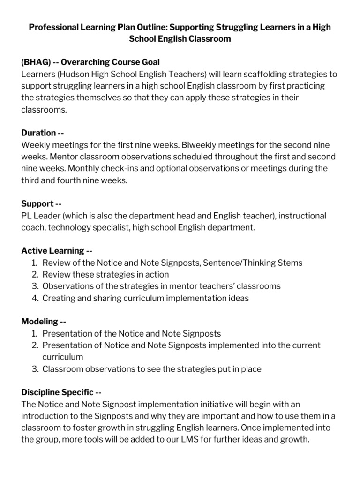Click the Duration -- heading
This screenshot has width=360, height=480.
tap(43, 133)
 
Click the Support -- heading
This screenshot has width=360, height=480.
tap(42, 203)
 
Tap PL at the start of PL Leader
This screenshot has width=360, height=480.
tap(27, 216)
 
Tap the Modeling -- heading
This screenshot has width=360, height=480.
tap(44, 322)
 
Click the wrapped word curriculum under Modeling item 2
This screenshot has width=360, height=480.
tap(62, 357)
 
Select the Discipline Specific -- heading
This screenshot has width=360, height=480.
tap(61, 392)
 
